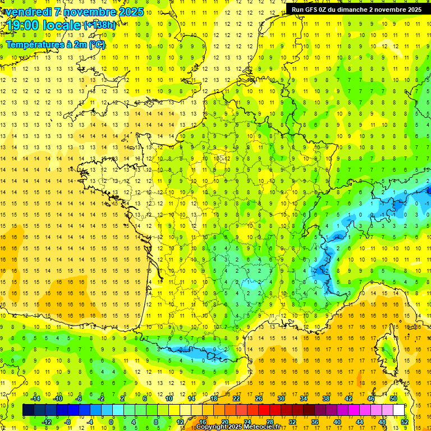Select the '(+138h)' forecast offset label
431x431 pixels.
[100, 25]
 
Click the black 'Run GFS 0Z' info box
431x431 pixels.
[356, 10]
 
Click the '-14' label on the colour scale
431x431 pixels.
[35, 398]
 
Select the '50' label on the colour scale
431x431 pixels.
[393, 398]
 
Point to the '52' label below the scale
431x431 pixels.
[404, 421]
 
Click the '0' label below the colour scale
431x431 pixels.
[111, 421]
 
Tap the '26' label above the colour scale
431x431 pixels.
[258, 398]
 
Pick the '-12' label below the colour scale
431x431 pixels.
[47, 421]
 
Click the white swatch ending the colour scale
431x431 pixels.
[398, 410]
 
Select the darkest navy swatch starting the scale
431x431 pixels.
[28, 410]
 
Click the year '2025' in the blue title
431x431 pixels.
[130, 12]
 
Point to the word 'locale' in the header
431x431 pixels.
[59, 25]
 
